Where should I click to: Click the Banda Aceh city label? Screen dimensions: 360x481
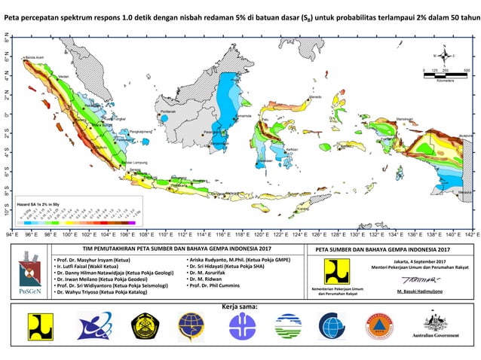(35, 57)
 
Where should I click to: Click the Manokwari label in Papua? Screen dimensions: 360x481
(405, 119)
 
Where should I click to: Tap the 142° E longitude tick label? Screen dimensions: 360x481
(470, 235)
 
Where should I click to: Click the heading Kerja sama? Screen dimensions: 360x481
(240, 307)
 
